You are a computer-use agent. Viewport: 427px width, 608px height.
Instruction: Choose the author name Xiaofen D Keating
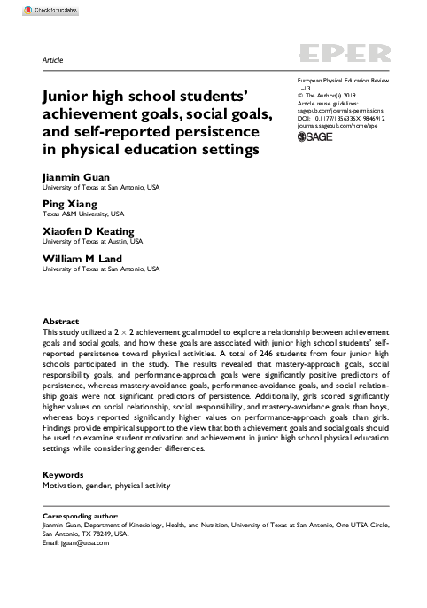92,230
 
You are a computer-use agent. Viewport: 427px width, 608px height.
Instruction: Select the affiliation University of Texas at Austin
91,241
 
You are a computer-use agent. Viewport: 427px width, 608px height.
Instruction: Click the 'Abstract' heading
61,321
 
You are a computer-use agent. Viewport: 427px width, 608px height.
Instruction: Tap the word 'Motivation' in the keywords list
64,487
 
